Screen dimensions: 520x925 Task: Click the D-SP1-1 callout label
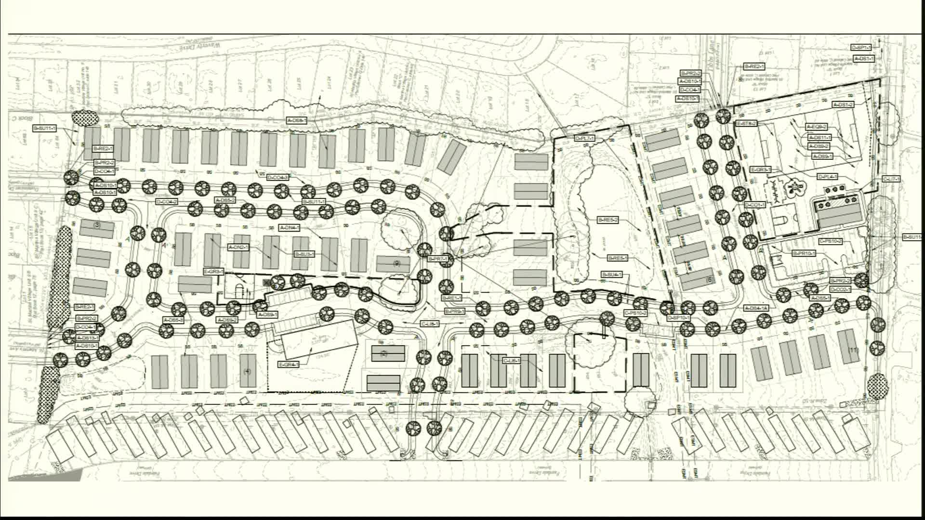coord(861,48)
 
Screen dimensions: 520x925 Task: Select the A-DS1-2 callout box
coord(843,104)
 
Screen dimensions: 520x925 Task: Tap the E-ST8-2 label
coord(746,124)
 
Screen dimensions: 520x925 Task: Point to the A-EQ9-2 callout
coord(817,127)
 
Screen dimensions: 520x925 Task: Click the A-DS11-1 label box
coord(819,138)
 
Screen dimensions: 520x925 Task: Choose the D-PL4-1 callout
coord(828,177)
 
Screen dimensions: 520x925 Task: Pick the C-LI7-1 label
coord(891,179)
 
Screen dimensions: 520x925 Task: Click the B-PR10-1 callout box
coord(804,253)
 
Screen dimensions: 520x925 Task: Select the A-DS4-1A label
coord(756,308)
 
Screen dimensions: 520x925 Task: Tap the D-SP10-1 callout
coord(678,318)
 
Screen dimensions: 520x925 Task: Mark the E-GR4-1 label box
coord(289,364)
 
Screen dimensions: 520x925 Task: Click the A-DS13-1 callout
coord(87,338)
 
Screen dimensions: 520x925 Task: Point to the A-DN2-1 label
coord(238,247)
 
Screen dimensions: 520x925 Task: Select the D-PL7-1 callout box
coord(585,138)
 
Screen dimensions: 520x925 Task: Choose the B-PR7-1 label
coord(438,259)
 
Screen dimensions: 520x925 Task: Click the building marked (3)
coord(97,227)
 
